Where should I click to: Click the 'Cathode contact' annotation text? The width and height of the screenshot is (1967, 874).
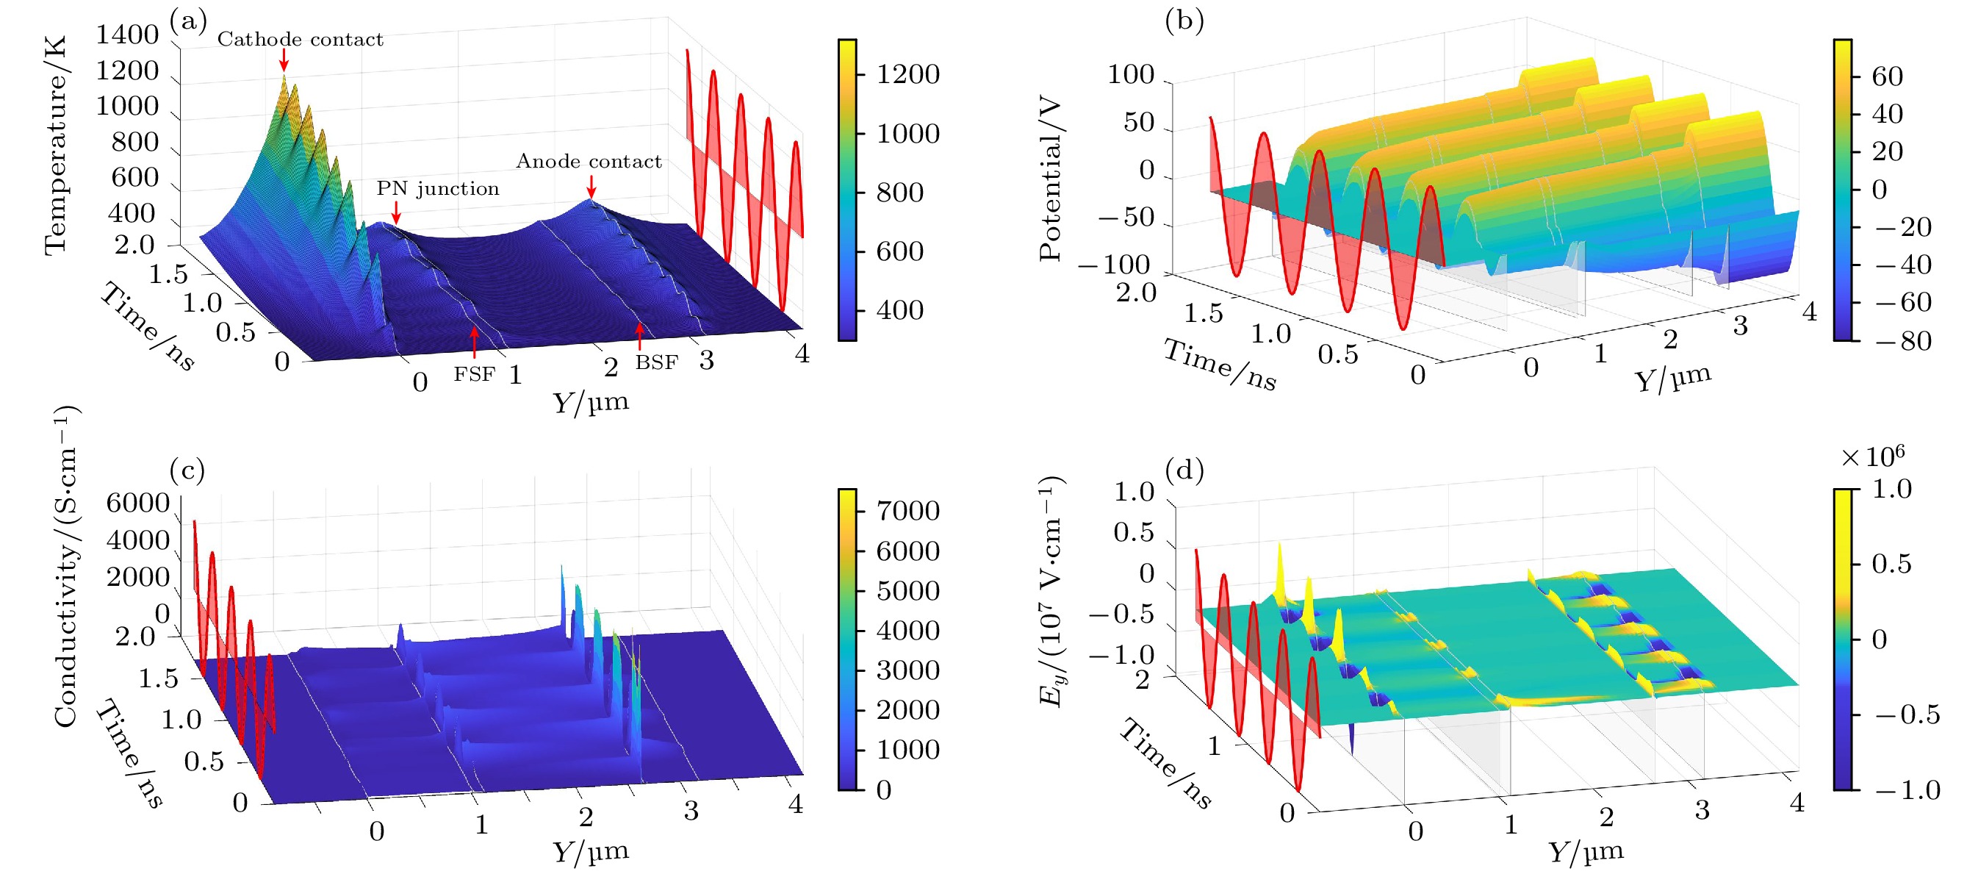[x=300, y=39]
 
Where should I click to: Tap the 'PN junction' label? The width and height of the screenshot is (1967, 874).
[x=437, y=188]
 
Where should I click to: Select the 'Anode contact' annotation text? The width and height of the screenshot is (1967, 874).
[x=589, y=161]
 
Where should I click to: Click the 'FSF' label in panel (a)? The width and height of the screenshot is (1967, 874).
[x=474, y=374]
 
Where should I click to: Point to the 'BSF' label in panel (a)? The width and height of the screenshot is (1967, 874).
[x=657, y=362]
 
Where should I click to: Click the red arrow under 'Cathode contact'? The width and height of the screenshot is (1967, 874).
[x=284, y=60]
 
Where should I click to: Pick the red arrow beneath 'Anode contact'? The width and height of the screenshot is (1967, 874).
[x=591, y=186]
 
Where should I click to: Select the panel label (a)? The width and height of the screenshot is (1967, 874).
[x=189, y=21]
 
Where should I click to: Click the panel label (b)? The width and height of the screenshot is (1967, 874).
[x=1184, y=21]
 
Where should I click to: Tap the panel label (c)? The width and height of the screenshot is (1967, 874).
[x=188, y=470]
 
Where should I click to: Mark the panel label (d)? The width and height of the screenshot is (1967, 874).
[x=1184, y=470]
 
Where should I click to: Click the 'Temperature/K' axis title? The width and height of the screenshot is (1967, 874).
[x=56, y=145]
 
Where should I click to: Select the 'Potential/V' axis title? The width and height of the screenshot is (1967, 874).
[x=1051, y=178]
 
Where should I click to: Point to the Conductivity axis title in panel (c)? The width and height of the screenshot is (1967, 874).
[x=65, y=565]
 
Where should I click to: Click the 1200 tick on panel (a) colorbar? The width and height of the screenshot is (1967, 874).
[x=907, y=75]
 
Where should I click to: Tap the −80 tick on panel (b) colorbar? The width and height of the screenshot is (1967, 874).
[x=1903, y=340]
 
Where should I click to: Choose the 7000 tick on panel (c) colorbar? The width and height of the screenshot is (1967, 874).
[x=907, y=510]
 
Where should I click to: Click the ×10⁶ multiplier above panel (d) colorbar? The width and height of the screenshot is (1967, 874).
[x=1872, y=457]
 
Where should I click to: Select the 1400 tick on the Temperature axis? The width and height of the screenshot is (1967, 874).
[x=127, y=35]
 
